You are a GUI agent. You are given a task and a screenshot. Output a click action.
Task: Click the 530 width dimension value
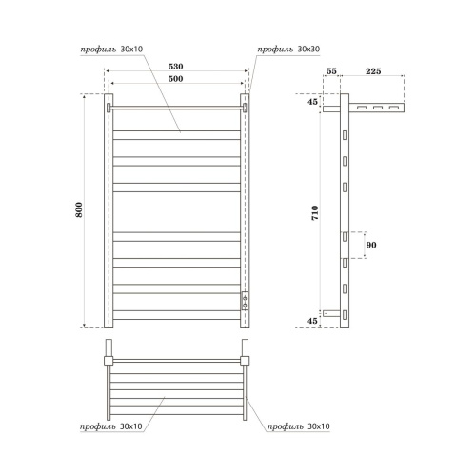coord(176,66)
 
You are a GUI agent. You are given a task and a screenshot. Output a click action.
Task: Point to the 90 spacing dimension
coord(372,245)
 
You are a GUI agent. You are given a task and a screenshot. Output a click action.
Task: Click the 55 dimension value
coord(331,70)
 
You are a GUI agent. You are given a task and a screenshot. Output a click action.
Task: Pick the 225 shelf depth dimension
coord(374,70)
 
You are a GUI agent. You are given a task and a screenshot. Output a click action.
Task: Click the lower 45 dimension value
coord(314,321)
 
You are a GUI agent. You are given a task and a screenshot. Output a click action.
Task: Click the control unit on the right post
coord(245,302)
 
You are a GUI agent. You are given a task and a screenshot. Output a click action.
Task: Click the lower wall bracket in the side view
coord(329,312)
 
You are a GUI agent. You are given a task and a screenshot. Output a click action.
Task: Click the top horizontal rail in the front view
coord(176,108)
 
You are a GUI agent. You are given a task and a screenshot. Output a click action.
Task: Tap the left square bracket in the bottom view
coord(109,360)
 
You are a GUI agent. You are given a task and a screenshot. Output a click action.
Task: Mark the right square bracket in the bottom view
coord(245,360)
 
